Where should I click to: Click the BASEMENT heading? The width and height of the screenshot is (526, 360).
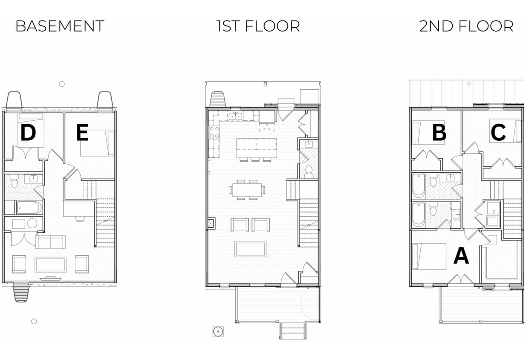tap(60, 26)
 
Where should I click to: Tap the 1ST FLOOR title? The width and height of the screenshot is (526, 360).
tap(258, 26)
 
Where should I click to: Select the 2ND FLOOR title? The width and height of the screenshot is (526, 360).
tap(466, 26)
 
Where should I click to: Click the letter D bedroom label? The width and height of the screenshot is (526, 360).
tap(28, 133)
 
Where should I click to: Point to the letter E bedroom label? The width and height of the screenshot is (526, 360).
tap(82, 133)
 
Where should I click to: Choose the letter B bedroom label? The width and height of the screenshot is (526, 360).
tap(439, 133)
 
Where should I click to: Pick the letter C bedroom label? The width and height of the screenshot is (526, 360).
tap(498, 133)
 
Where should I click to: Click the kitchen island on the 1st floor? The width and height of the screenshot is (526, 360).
tap(257, 148)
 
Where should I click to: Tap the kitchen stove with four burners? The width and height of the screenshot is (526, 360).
tap(214, 132)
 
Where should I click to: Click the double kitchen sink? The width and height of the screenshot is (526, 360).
tap(235, 116)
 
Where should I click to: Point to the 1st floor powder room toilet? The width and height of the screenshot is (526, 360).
tap(309, 172)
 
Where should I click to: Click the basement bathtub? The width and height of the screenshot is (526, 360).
tap(29, 208)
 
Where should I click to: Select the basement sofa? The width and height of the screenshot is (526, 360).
tap(50, 242)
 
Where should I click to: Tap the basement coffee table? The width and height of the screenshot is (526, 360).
tap(50, 265)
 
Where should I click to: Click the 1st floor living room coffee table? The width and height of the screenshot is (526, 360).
tap(250, 249)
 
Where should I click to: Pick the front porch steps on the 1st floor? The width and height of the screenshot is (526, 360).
tap(293, 331)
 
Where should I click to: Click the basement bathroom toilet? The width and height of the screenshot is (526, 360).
tap(14, 181)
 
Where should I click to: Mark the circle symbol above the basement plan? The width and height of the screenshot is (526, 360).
tap(62, 84)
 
